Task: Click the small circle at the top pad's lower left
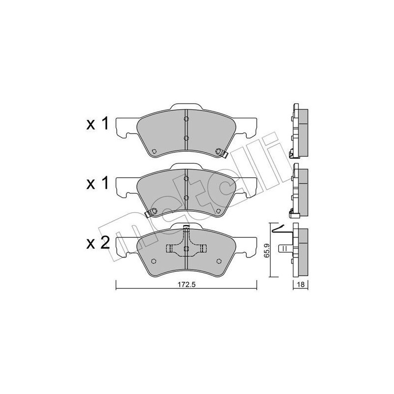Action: click(154, 151)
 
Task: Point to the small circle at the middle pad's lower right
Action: click(217, 210)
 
